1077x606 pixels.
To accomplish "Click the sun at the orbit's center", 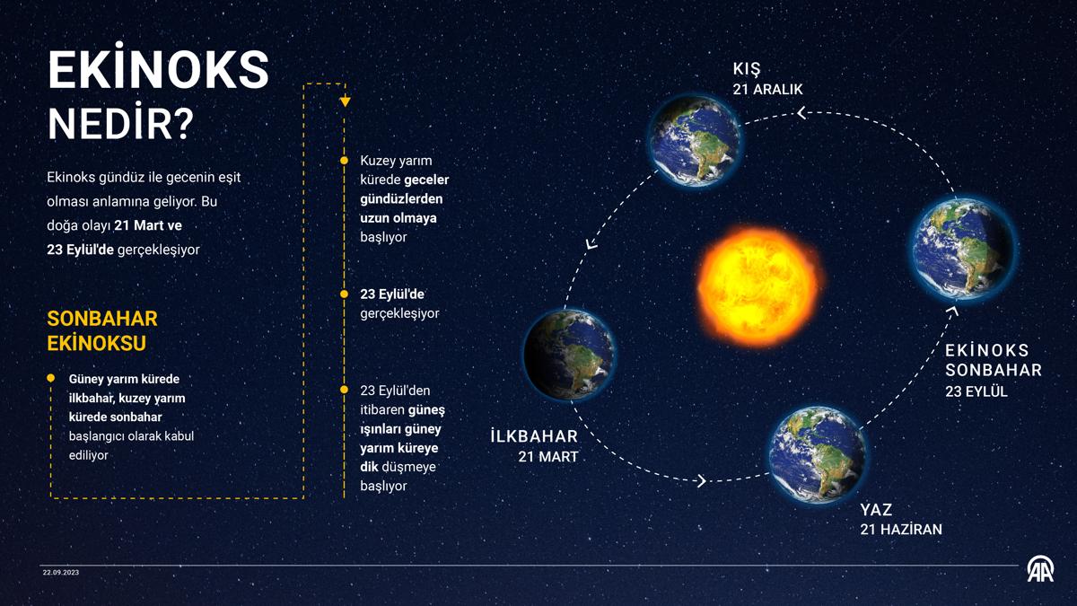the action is coord(759,287).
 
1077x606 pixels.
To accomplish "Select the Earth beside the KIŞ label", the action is coord(695,140).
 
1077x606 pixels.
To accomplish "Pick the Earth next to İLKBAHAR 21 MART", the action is coord(570,354).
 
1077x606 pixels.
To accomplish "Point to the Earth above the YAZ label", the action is coord(817,454).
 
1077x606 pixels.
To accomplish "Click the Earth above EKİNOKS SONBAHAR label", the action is coord(963,248).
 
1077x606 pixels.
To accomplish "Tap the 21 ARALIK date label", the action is coord(767,90).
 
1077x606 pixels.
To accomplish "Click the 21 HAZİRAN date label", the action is coord(901,529).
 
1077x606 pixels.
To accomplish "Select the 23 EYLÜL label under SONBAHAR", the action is coord(976,391).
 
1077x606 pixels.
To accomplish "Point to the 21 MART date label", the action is coord(548,456).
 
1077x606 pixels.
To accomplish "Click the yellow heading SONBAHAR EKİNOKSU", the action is coord(102,331).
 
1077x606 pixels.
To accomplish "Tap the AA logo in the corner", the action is coord(1040,569).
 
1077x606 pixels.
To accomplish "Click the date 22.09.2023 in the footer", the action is coord(61,573).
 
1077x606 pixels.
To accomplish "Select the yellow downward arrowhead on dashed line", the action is coord(345,101).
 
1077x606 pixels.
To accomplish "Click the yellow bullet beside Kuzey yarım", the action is coord(344,161).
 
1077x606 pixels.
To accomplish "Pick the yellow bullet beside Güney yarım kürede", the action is coord(51,379).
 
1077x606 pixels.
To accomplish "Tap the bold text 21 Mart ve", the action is coord(148,225).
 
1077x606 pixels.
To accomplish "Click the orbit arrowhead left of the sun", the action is coord(591,244).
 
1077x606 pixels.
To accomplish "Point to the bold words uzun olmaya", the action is coord(398,218).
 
